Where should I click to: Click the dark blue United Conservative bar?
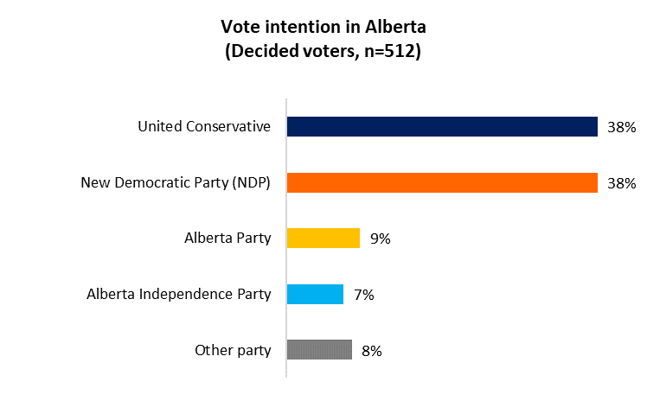442,127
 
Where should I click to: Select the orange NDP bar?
442,182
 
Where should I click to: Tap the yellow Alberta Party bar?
323,239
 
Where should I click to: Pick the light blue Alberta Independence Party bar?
315,294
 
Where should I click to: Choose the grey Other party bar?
319,350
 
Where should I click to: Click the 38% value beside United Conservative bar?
621,127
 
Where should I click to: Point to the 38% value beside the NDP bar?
621,183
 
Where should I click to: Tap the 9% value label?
379,239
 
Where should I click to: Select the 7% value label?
363,295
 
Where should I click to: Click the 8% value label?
371,351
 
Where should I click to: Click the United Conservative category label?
204,127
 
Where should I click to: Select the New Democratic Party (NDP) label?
176,182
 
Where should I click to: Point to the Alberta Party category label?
227,239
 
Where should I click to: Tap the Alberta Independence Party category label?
179,294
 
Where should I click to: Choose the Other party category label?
233,350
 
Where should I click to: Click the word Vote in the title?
239,27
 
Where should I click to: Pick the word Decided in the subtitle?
259,51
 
